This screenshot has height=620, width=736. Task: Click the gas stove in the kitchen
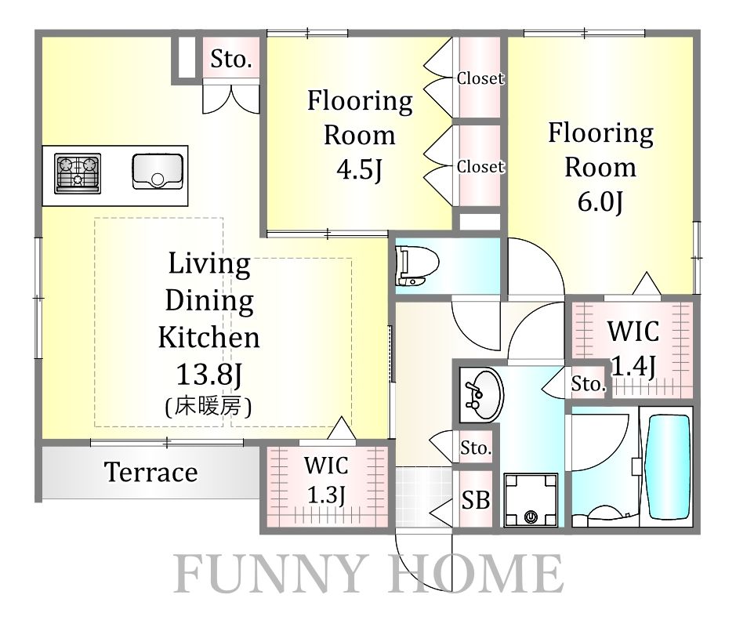coord(78,173)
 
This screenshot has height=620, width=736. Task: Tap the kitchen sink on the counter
coord(158,172)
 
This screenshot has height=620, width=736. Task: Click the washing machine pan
coord(531,499)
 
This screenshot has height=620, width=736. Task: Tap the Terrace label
coord(150,472)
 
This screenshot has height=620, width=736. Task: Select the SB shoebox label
coord(476,499)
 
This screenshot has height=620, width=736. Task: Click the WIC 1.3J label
coord(326,480)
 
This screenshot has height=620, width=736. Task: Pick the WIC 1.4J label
coord(633,348)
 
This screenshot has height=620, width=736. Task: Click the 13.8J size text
coord(208,374)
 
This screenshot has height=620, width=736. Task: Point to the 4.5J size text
coord(360,169)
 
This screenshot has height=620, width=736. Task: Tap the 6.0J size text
coord(600,201)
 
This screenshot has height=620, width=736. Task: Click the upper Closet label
coord(480,78)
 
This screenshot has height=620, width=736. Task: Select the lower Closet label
coord(480,166)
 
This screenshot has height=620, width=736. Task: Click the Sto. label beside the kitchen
coord(231,59)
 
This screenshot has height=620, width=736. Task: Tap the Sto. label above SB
coord(476,448)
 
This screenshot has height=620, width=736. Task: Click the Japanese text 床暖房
coord(208,406)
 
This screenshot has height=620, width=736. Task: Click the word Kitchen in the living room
coord(208,337)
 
